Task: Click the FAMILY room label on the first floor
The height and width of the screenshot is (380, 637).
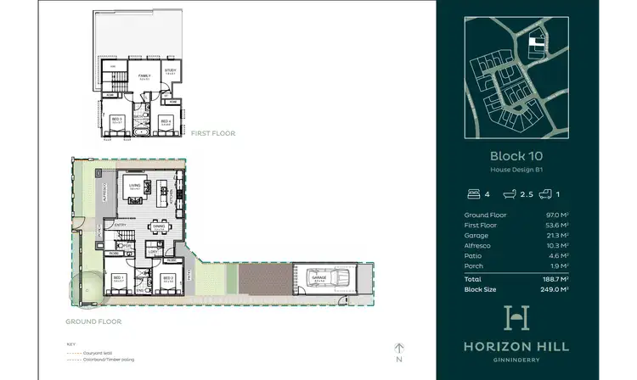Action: click(144, 75)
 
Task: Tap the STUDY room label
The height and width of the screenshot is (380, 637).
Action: click(170, 70)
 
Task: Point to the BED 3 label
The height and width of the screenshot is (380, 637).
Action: click(117, 120)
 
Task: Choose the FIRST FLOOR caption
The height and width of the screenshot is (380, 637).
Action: click(212, 133)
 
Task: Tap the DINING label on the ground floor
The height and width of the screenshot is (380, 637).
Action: click(158, 226)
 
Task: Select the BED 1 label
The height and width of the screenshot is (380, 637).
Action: click(118, 277)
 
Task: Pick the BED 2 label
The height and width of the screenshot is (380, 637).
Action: click(168, 277)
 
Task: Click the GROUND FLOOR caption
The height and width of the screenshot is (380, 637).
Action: click(93, 321)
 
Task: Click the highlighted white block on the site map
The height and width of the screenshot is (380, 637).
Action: click(534, 39)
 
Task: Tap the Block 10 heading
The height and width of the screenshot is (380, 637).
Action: click(516, 155)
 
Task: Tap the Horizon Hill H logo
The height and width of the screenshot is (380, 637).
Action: click(516, 318)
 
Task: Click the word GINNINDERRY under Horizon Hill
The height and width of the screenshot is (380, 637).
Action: click(516, 359)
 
